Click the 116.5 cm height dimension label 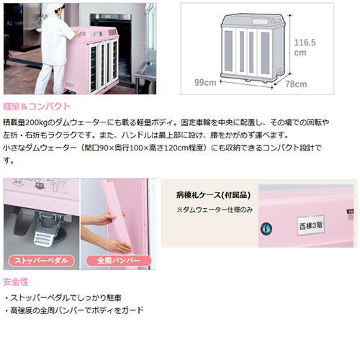pyautogui.click(x=305, y=48)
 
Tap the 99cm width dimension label pyautogui.click(x=205, y=82)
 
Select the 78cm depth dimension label pyautogui.click(x=296, y=84)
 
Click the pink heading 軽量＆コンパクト pyautogui.click(x=37, y=107)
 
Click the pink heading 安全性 pyautogui.click(x=16, y=282)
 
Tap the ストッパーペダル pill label pyautogui.click(x=41, y=261)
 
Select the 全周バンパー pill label pyautogui.click(x=119, y=261)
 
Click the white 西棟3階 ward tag pyautogui.click(x=311, y=225)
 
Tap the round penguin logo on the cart pyautogui.click(x=266, y=228)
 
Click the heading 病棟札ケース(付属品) pyautogui.click(x=213, y=195)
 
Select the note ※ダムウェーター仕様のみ pyautogui.click(x=215, y=210)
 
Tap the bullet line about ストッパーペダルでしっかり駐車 pyautogui.click(x=63, y=298)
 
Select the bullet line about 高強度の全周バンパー pyautogui.click(x=74, y=310)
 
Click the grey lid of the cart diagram pyautogui.click(x=252, y=20)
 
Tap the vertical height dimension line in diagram pyautogui.click(x=290, y=45)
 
